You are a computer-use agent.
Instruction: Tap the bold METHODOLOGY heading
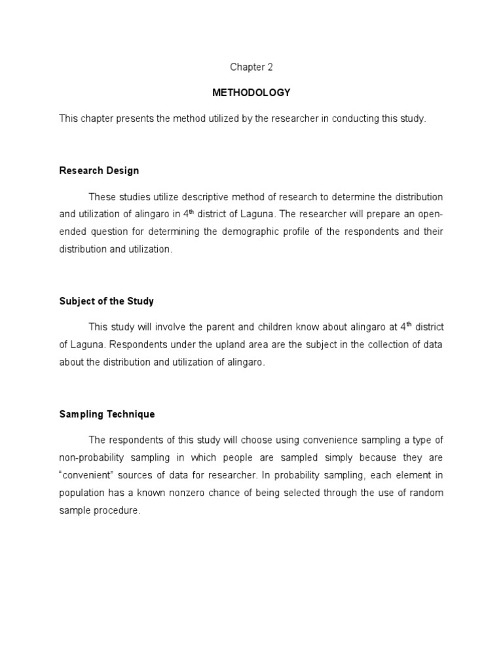[251, 93]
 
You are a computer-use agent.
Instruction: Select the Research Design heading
[99, 171]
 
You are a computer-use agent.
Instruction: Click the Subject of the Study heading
[106, 302]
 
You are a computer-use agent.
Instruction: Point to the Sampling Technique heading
[107, 414]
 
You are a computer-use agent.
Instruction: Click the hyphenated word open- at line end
[430, 215]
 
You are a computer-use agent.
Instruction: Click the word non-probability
[92, 458]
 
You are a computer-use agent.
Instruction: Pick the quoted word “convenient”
[83, 476]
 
